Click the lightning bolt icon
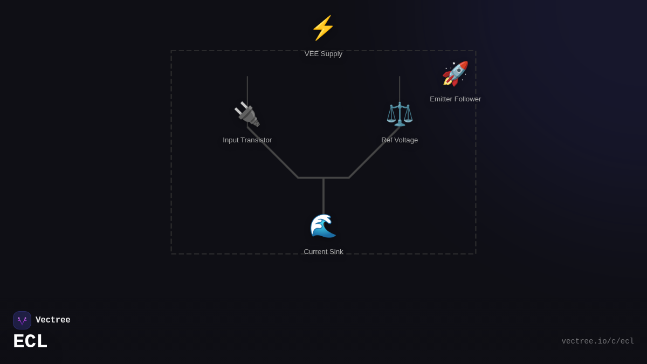[323, 28]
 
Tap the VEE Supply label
[323, 54]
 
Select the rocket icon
[455, 74]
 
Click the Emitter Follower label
[455, 99]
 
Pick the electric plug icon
[247, 114]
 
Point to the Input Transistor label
[247, 140]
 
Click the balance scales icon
[400, 114]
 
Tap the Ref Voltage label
[400, 140]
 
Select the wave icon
[323, 226]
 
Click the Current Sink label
[323, 252]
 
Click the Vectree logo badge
[22, 320]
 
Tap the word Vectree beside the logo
[53, 320]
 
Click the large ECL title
[30, 342]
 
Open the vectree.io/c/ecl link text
[597, 341]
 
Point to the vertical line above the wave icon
[323, 194]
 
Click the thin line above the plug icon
[247, 88]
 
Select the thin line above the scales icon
[400, 88]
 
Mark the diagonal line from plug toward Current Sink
[272, 152]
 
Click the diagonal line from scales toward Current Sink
[375, 152]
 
